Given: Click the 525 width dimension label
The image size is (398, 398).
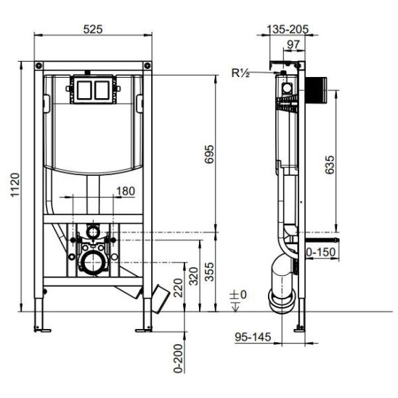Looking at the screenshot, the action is coord(93,29).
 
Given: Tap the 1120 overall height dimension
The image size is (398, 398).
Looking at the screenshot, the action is coord(15,184).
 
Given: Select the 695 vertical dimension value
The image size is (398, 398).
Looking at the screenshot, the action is coord(210,154).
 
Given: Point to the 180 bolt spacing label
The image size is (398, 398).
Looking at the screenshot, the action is coord(126,191).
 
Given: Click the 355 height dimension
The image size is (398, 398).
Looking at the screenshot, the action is coord(210,272).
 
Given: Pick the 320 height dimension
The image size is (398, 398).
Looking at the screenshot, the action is coord(194,276).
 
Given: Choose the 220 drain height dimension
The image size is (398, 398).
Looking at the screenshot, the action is coord(178,288).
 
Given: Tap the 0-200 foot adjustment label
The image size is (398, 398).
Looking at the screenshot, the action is coord(178,358).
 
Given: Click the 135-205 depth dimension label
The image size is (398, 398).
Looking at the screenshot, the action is coord(288,30).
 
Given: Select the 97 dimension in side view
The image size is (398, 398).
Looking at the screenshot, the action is coord(293,45).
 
